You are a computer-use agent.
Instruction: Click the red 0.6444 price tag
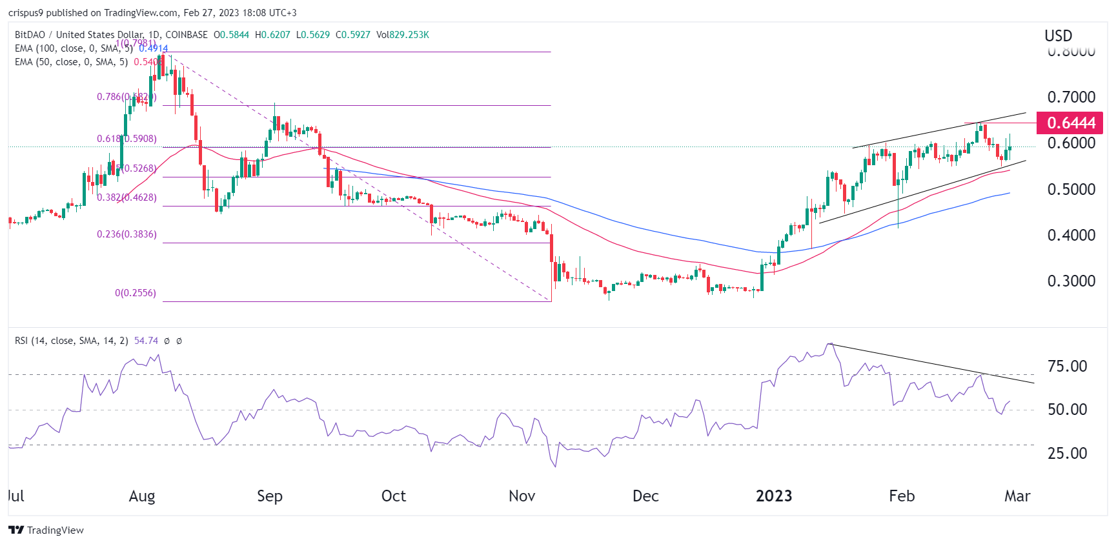(1070, 123)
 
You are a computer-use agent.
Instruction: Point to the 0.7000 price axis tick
(1071, 97)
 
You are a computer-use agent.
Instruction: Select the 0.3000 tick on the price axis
(1071, 281)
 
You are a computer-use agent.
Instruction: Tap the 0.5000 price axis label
(1071, 190)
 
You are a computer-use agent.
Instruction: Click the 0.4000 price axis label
(1071, 236)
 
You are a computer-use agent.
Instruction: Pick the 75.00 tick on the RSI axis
(1067, 367)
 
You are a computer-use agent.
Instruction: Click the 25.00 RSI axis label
(1067, 454)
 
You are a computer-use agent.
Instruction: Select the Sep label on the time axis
(270, 496)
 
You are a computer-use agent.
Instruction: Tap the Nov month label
(522, 496)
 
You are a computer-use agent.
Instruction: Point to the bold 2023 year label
(774, 496)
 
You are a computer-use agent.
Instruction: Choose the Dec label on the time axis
(645, 496)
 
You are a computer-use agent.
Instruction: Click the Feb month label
(902, 496)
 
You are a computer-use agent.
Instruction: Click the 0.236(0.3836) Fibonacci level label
(127, 234)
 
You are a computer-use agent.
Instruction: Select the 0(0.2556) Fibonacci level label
(136, 293)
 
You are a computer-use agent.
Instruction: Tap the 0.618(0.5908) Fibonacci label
(127, 139)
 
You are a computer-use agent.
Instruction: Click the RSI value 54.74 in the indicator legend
(146, 341)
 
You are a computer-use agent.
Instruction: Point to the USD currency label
(1058, 36)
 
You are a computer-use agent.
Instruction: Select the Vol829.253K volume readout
(402, 35)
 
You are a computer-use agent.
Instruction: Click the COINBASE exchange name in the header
(187, 35)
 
